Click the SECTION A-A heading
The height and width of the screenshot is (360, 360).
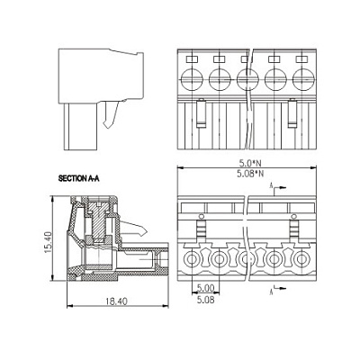78,179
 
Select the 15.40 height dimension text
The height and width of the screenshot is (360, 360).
49,242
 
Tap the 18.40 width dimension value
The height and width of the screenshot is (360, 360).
116,301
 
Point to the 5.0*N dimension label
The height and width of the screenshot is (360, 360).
250,163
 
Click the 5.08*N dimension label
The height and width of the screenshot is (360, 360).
250,174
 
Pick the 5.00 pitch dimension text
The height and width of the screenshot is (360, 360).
205,289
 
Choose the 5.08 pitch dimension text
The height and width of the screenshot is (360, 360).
205,299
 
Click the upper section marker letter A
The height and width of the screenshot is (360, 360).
271,186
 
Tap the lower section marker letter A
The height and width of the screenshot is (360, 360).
271,292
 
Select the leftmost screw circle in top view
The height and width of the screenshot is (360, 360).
192,79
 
